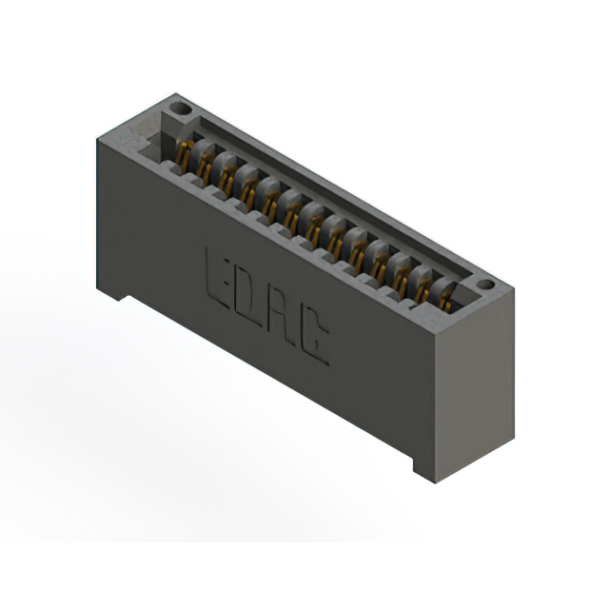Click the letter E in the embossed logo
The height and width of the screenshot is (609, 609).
[x=217, y=279]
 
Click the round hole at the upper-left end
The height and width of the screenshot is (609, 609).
[x=181, y=108]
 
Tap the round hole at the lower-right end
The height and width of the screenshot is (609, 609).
[x=485, y=285]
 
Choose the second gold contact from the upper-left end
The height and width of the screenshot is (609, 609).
[x=205, y=167]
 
